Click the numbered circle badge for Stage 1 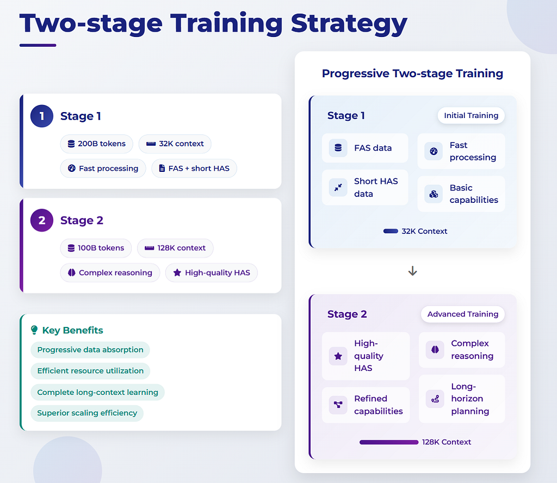click(x=42, y=116)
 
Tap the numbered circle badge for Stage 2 click(x=42, y=220)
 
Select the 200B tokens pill click(x=97, y=144)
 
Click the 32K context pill click(x=175, y=144)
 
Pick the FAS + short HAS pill click(x=194, y=168)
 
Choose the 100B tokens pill click(x=96, y=248)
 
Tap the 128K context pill click(x=175, y=248)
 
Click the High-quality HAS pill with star click(x=212, y=273)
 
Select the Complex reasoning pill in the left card click(x=110, y=273)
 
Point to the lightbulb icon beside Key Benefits click(x=34, y=330)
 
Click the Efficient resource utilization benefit click(x=90, y=371)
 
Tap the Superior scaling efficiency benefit click(x=87, y=413)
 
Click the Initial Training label click(x=471, y=115)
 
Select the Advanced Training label click(x=462, y=314)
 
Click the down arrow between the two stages click(x=412, y=271)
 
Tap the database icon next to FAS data click(x=338, y=148)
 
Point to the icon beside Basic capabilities click(x=434, y=194)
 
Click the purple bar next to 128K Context click(x=389, y=442)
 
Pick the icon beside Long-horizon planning click(x=435, y=399)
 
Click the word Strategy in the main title click(x=349, y=23)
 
